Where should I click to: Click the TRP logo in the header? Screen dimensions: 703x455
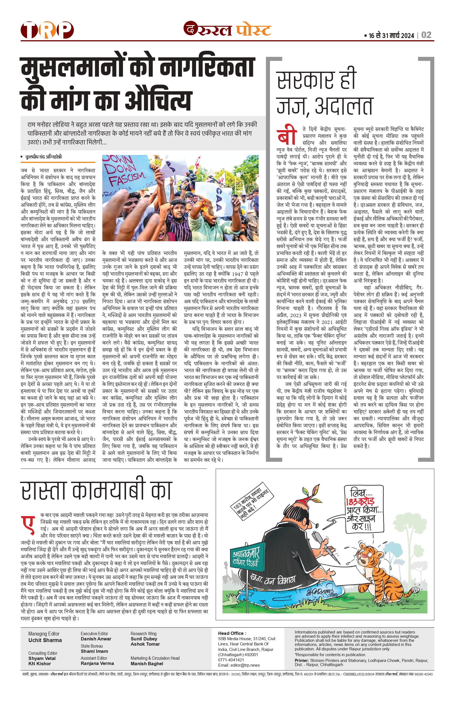(x=47, y=30)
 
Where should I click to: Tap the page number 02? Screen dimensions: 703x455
(x=426, y=35)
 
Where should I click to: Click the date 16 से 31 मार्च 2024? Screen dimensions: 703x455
(x=391, y=36)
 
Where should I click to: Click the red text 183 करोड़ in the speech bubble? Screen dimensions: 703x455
(x=360, y=501)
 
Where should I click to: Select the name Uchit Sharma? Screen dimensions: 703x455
(x=45, y=640)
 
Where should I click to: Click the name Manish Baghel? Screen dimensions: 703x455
(x=146, y=663)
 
